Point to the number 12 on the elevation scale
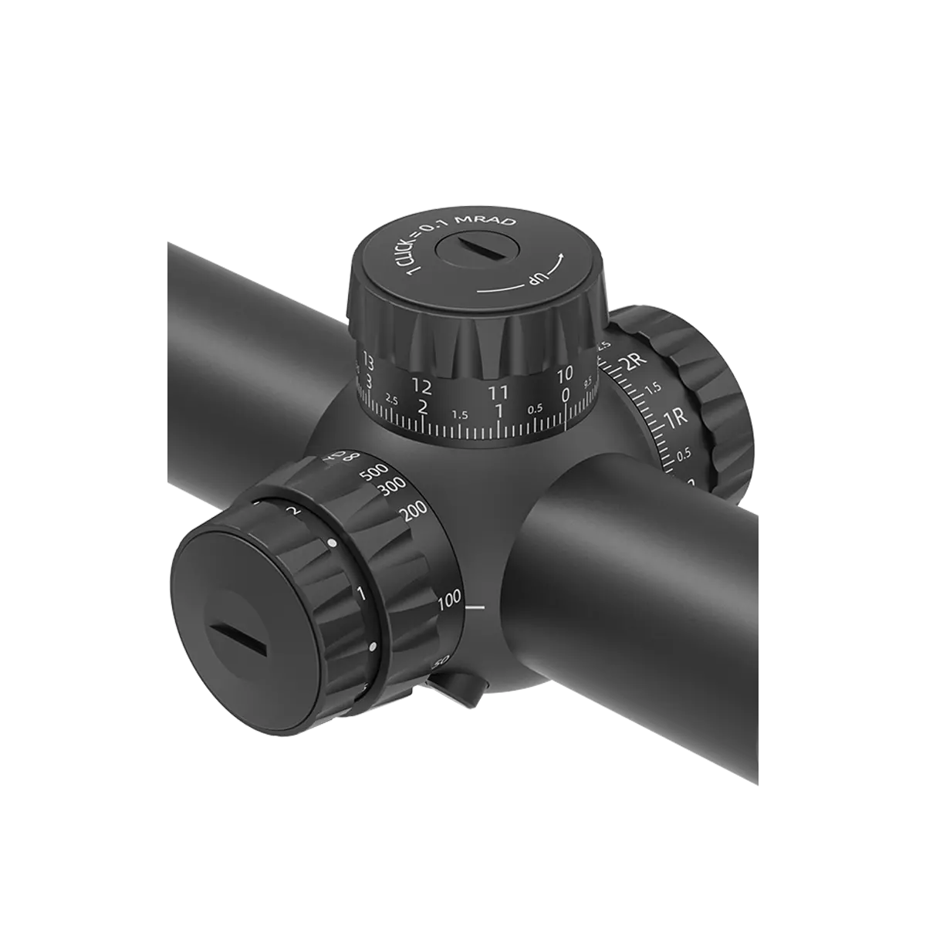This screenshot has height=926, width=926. (x=421, y=384)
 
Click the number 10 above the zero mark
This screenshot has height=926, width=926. (x=564, y=374)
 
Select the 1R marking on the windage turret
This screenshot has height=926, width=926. (x=676, y=421)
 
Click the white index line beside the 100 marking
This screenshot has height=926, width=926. (x=476, y=609)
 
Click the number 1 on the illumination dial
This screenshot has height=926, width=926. (x=360, y=593)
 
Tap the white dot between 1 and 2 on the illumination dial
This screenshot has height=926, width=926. (x=332, y=544)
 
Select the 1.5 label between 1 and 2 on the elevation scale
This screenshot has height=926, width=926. (x=460, y=414)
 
